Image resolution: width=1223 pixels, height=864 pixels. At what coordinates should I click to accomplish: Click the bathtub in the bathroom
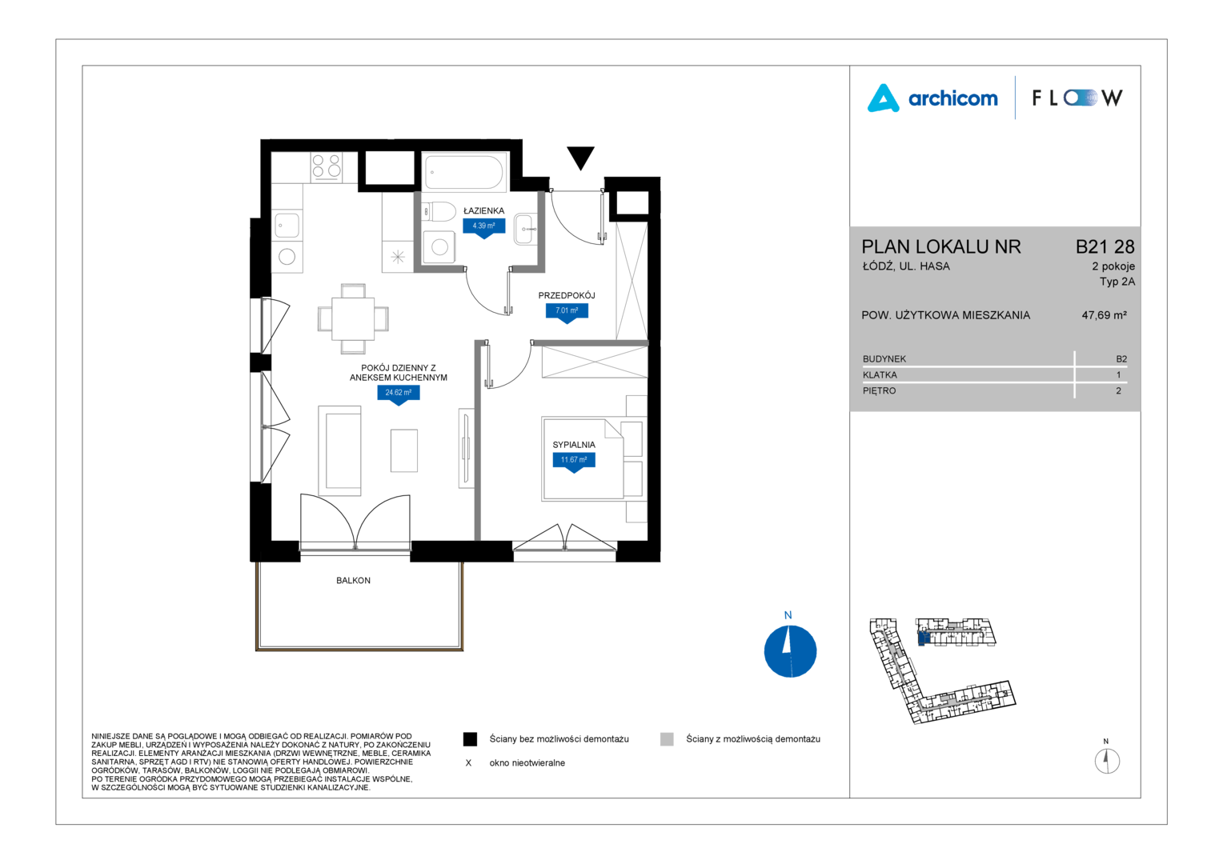[464, 173]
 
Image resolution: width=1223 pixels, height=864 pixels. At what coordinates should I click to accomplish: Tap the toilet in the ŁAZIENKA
[439, 211]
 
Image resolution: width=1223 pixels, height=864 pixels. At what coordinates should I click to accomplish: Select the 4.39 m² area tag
[483, 227]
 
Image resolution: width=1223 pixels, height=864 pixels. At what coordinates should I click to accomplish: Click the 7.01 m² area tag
[567, 312]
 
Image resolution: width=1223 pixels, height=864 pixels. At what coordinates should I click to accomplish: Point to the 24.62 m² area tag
[399, 394]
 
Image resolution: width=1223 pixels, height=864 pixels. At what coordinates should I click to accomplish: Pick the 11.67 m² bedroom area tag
[574, 462]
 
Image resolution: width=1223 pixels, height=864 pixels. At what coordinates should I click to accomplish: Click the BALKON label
[353, 580]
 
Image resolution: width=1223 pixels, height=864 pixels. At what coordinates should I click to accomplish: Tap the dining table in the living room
[353, 318]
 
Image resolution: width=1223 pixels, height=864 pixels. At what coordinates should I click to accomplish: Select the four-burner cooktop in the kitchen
[326, 166]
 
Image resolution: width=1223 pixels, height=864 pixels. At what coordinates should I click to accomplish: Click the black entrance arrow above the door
[580, 157]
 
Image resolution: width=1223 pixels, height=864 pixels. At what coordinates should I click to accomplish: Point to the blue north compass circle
[790, 651]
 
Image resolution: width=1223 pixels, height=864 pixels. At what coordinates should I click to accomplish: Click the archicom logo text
[952, 98]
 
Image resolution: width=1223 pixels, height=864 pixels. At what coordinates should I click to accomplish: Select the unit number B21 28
[1105, 246]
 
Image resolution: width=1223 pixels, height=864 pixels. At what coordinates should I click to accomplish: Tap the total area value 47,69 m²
[1104, 315]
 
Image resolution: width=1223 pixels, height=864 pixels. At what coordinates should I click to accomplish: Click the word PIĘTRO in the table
[879, 390]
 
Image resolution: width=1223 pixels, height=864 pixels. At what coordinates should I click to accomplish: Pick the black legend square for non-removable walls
[470, 739]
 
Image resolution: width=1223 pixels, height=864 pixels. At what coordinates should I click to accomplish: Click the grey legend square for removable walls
[667, 739]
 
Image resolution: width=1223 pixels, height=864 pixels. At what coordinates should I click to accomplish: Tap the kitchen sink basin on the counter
[287, 225]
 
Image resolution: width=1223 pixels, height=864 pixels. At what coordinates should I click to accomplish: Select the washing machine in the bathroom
[439, 247]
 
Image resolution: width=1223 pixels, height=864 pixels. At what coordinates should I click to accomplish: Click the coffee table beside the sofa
[404, 450]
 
